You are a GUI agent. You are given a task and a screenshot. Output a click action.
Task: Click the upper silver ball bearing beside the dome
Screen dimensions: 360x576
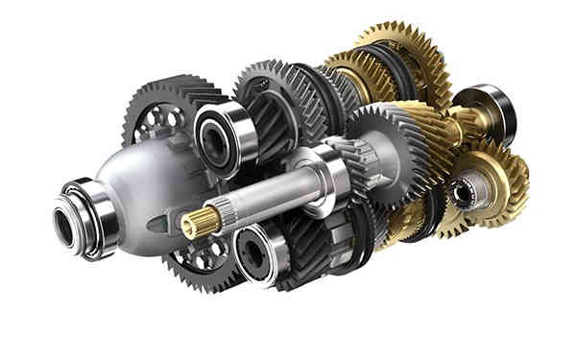[x=225, y=133]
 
